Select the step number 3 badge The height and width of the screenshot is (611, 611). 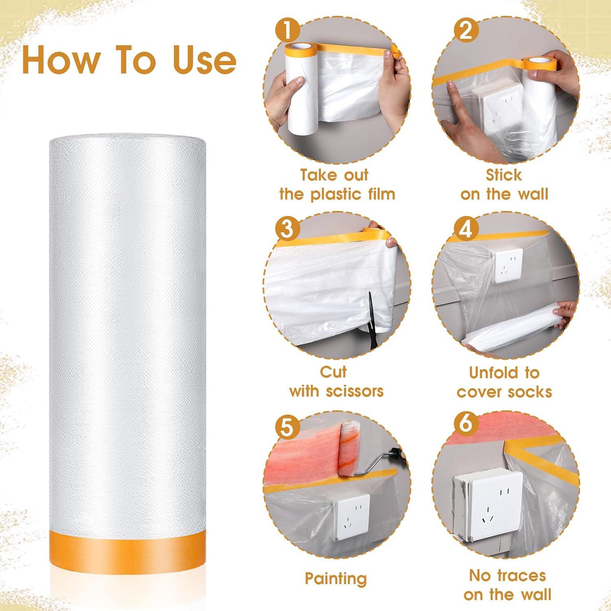tap(288, 228)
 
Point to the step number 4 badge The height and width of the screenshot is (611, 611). tap(466, 228)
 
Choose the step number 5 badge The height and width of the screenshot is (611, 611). tap(288, 427)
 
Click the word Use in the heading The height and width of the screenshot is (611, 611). tap(204, 59)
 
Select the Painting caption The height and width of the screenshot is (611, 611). tap(336, 578)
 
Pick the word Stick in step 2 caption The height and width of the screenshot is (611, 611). tap(503, 175)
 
